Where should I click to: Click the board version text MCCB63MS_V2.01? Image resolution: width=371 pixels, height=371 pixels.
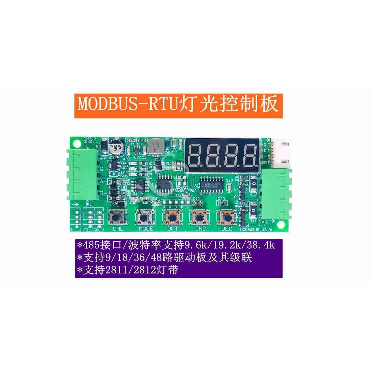(255, 229)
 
